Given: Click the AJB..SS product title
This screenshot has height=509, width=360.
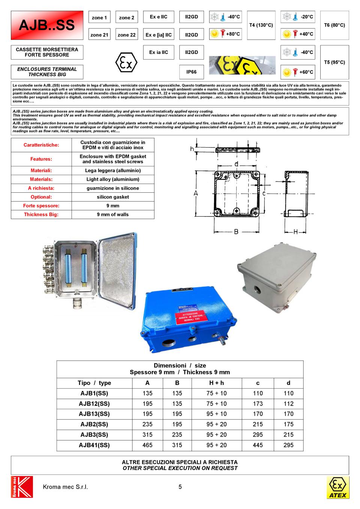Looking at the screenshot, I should (x=47, y=25).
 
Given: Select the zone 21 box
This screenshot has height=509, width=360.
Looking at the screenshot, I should (x=99, y=35).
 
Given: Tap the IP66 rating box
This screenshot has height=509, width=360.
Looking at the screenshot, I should (x=191, y=72).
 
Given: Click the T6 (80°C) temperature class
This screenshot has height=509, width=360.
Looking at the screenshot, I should (x=334, y=25).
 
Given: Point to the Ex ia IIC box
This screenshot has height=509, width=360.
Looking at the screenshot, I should (x=159, y=52).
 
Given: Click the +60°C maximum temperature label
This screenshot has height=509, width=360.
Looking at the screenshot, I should (x=306, y=72).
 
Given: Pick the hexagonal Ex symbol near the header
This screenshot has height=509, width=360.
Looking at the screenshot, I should (x=126, y=63).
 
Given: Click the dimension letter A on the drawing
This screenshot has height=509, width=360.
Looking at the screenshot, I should (x=195, y=193).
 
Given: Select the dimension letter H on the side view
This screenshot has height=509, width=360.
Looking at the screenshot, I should (x=295, y=232).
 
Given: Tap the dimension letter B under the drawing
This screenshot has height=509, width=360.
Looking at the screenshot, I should (x=236, y=232).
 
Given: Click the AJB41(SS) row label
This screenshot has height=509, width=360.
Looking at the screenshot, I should (x=94, y=445).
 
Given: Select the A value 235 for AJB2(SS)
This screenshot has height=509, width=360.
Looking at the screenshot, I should (x=147, y=424).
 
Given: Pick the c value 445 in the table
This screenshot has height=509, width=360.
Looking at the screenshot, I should (x=258, y=445).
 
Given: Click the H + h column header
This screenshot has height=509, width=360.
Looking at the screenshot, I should (x=217, y=383).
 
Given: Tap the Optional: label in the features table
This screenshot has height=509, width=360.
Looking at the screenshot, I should (x=41, y=197).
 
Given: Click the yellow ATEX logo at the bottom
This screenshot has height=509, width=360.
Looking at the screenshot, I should (x=337, y=487).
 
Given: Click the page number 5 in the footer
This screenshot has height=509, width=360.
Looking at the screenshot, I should (x=180, y=487).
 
